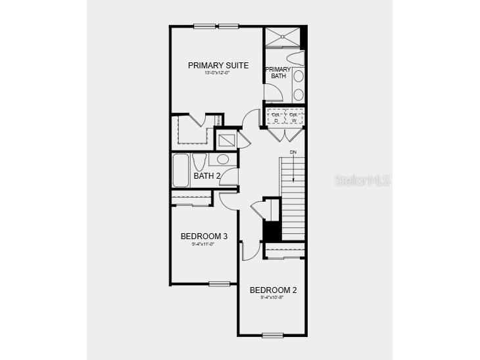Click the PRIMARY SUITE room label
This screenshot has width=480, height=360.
[x=218, y=65]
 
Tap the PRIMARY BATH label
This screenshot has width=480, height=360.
[x=277, y=72]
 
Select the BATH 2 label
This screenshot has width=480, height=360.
[x=206, y=175]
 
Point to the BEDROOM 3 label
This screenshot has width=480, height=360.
[x=204, y=236]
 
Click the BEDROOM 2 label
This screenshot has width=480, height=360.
[x=273, y=290]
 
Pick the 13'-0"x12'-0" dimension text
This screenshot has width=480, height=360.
[x=218, y=73]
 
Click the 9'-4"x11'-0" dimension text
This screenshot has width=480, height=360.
[x=204, y=244]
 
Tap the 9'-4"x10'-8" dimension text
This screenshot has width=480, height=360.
[x=273, y=298]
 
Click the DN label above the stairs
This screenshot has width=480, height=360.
[x=293, y=153]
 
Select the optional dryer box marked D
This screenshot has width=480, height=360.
[x=276, y=116]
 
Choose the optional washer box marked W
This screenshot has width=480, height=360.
[x=293, y=116]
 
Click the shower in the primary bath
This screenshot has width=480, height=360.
[x=283, y=37]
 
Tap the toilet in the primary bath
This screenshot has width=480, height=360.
[x=295, y=58]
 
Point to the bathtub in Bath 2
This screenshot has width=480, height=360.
[x=181, y=169]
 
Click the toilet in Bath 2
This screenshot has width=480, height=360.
[x=200, y=162]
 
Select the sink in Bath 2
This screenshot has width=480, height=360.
[x=222, y=159]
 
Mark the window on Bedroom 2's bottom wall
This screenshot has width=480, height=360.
[x=272, y=335]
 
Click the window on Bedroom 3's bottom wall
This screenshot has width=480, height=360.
[x=219, y=284]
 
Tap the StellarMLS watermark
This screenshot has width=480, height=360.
[x=362, y=179]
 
